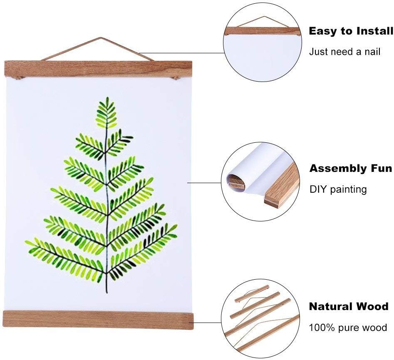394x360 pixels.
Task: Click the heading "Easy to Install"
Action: click(x=351, y=31)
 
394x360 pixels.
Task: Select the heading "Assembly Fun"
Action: click(x=351, y=169)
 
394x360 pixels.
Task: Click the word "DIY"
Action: click(x=317, y=189)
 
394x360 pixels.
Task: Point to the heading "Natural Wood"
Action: click(x=349, y=307)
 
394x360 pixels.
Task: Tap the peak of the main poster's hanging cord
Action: click(x=101, y=38)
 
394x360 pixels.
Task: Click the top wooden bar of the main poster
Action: click(x=98, y=69)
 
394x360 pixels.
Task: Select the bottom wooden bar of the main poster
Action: click(x=98, y=320)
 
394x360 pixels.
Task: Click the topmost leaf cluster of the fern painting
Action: click(x=107, y=113)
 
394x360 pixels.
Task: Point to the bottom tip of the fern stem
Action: click(x=107, y=292)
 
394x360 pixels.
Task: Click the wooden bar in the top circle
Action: click(x=263, y=31)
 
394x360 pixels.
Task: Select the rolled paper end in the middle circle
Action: click(x=235, y=180)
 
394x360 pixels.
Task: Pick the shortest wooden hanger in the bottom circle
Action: click(x=252, y=293)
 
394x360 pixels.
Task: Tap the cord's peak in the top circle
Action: click(x=264, y=17)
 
